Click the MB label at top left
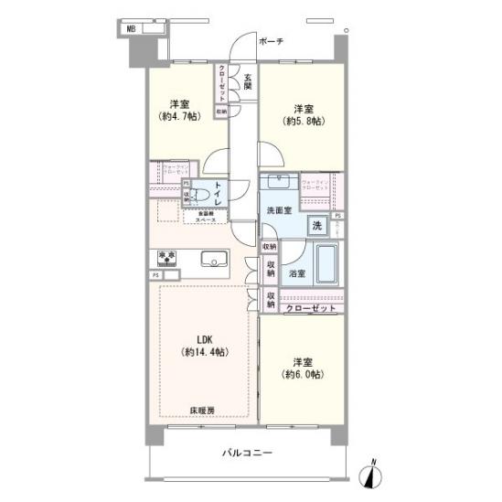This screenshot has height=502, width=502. pos(132,28)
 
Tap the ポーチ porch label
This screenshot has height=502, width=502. pos(272,41)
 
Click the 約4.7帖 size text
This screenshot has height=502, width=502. pos(178,117)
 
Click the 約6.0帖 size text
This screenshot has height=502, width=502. pos(304,374)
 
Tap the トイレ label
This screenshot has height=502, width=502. pos(219,195)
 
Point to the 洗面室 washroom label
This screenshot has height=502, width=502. pos(279,210)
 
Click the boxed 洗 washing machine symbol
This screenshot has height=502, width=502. pos(315,225)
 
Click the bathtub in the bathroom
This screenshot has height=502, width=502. pos(326,265)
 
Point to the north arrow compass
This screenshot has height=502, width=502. pos(370,475)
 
